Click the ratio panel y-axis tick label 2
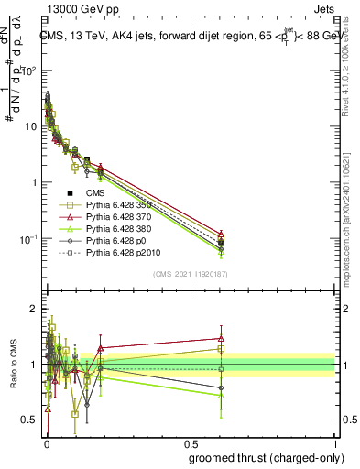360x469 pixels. pos(33,309)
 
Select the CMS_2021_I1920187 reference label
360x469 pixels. pos(190,274)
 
